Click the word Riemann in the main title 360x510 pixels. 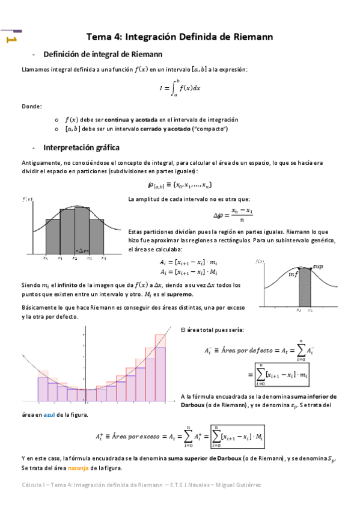[x=250, y=37]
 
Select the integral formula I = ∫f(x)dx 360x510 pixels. [x=180, y=88]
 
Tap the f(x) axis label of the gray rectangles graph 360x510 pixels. [x=27, y=199]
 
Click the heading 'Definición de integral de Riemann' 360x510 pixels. [x=100, y=54]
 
